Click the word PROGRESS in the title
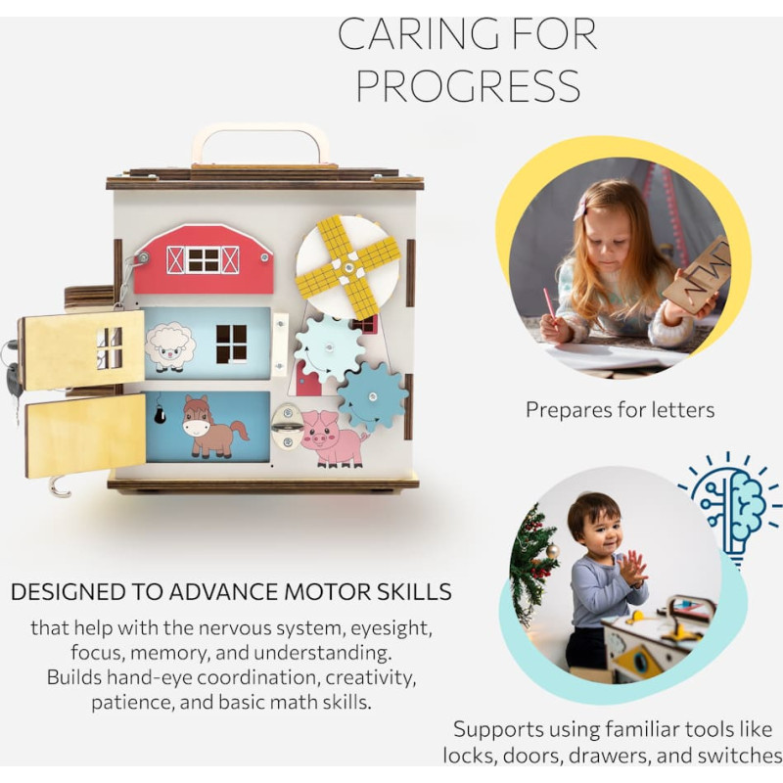(468, 85)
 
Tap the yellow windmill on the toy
(348, 268)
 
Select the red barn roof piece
(204, 258)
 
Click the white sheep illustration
(169, 347)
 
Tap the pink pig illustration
(333, 438)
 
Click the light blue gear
(328, 347)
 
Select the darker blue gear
(373, 397)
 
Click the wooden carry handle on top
(260, 146)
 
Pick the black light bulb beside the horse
(160, 413)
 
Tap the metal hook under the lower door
(59, 487)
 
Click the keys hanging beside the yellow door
(12, 371)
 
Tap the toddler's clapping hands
(632, 570)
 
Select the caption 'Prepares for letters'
(620, 410)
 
